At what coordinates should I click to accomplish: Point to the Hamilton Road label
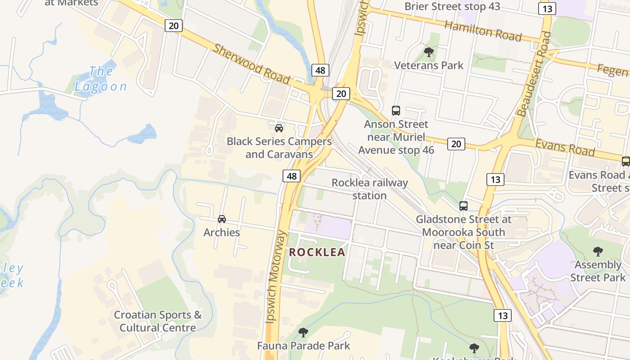(483, 31)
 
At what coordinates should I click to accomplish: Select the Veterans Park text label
(428, 65)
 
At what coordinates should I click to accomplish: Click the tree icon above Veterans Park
(428, 52)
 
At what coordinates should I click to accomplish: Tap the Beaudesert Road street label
(534, 74)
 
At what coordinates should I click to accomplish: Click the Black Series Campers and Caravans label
(279, 148)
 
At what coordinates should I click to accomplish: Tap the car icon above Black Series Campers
(279, 128)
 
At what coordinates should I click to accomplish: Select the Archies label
(221, 232)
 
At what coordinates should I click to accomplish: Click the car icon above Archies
(221, 219)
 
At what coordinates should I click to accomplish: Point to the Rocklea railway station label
(369, 189)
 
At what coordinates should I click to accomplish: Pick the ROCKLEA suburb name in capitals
(317, 252)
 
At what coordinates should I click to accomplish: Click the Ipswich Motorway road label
(276, 276)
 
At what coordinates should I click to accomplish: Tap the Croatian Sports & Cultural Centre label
(157, 321)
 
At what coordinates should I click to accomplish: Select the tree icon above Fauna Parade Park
(303, 333)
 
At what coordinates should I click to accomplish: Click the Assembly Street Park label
(598, 271)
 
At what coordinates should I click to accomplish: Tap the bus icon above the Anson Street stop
(396, 110)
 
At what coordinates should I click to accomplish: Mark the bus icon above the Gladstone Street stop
(463, 206)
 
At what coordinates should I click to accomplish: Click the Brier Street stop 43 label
(445, 6)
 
